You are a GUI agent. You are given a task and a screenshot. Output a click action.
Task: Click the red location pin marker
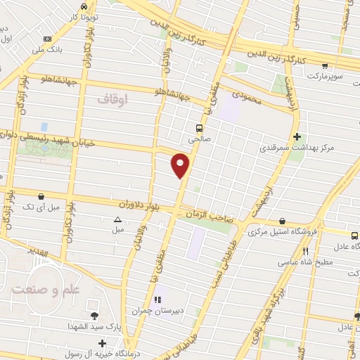tap(181, 165)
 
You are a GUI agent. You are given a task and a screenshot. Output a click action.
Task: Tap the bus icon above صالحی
tap(200, 129)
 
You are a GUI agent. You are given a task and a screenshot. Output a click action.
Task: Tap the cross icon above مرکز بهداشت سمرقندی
tap(297, 136)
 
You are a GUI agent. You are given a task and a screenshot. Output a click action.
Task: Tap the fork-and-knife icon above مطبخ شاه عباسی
tap(304, 251)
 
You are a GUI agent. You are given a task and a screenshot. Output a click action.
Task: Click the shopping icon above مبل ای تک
tap(41, 196)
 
